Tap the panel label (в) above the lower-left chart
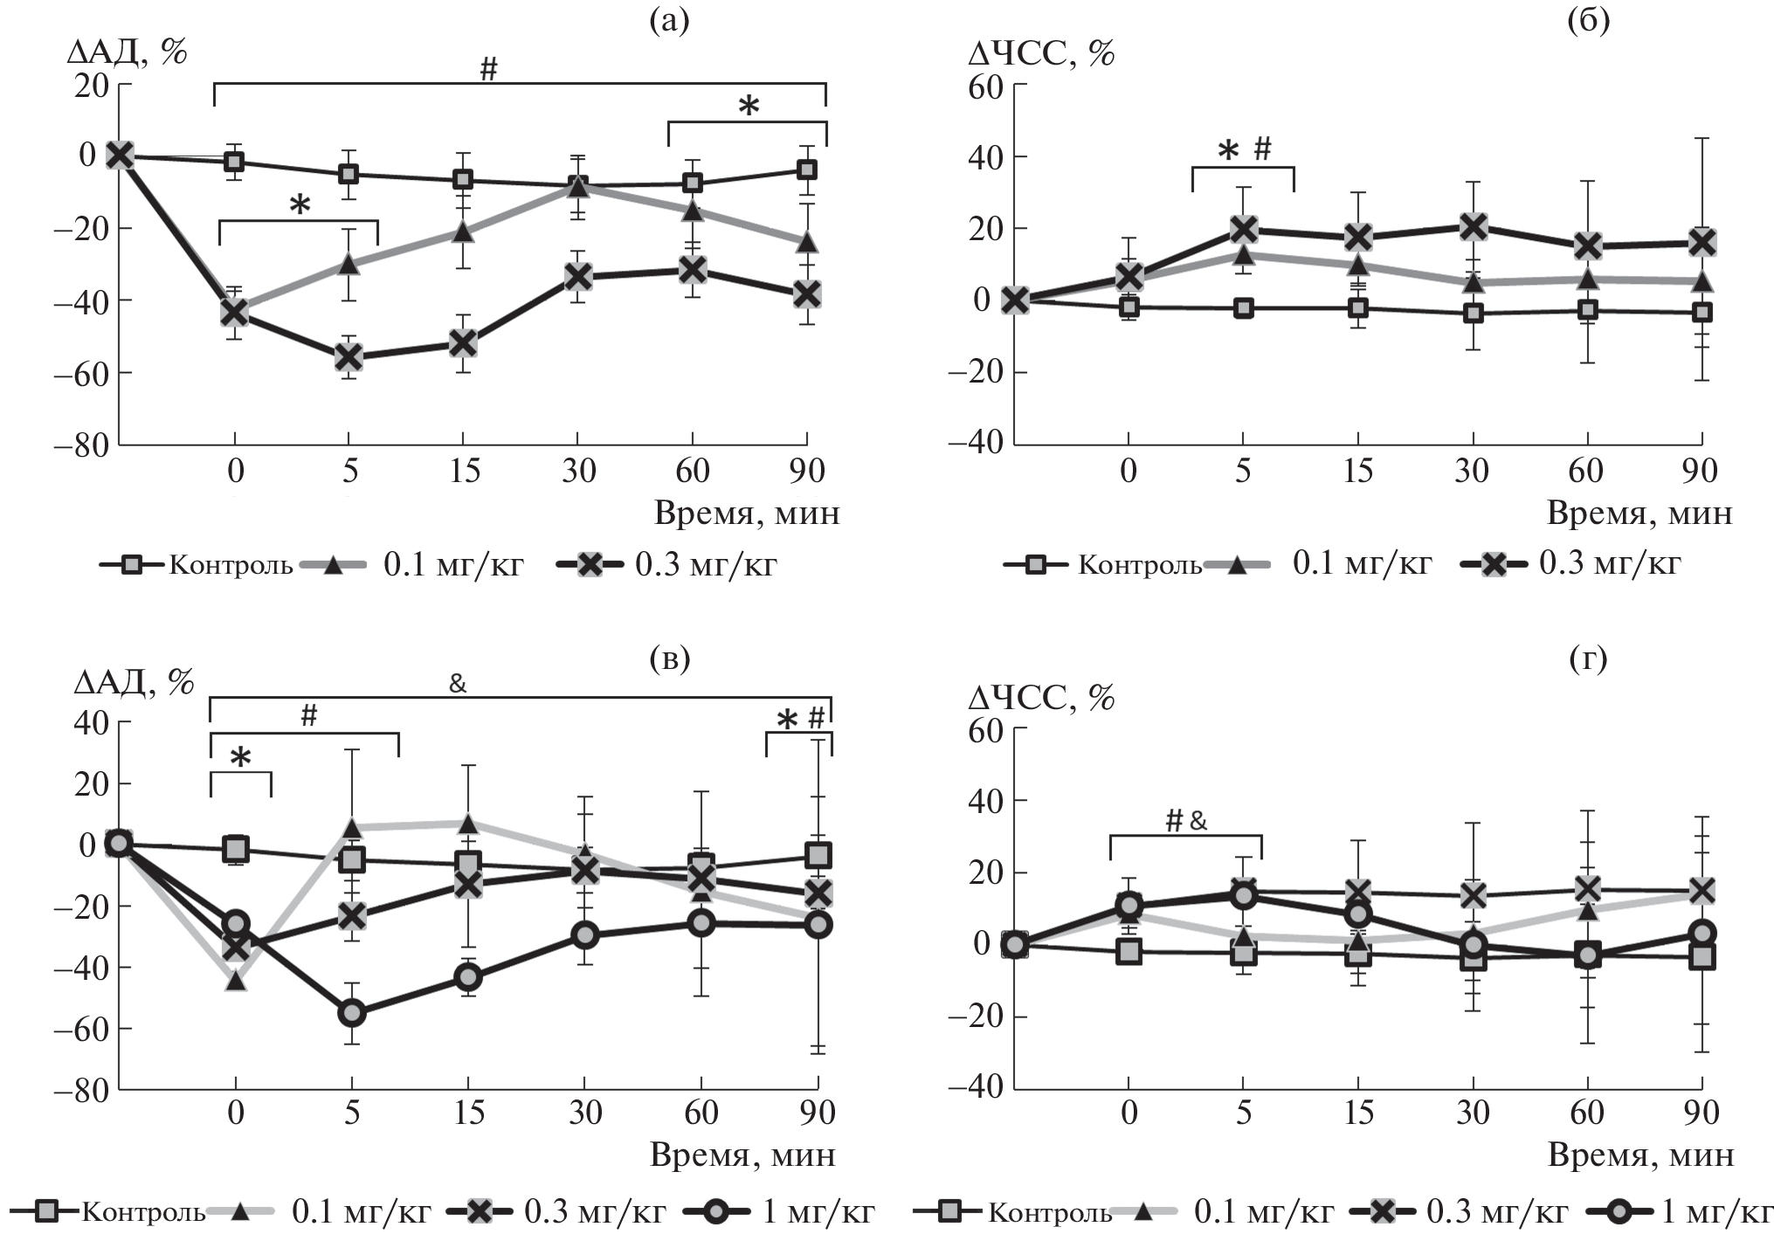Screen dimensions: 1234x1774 (x=670, y=659)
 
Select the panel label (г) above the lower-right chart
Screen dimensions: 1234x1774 (x=1588, y=659)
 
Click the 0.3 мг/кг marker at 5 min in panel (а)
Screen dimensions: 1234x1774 (x=349, y=356)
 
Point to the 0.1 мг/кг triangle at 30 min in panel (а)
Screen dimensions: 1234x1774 (x=577, y=186)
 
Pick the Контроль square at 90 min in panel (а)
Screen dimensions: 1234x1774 (x=807, y=169)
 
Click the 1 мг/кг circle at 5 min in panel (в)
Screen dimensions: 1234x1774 (x=352, y=1013)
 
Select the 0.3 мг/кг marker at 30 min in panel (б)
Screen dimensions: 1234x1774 (x=1474, y=227)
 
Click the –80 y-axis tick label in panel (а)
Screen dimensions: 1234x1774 (x=80, y=445)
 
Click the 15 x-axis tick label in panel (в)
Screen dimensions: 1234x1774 (x=469, y=1113)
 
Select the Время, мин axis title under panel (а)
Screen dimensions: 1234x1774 (x=747, y=513)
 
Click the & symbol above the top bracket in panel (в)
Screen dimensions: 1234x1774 (x=458, y=683)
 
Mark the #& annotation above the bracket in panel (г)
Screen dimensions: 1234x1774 (x=1186, y=820)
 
